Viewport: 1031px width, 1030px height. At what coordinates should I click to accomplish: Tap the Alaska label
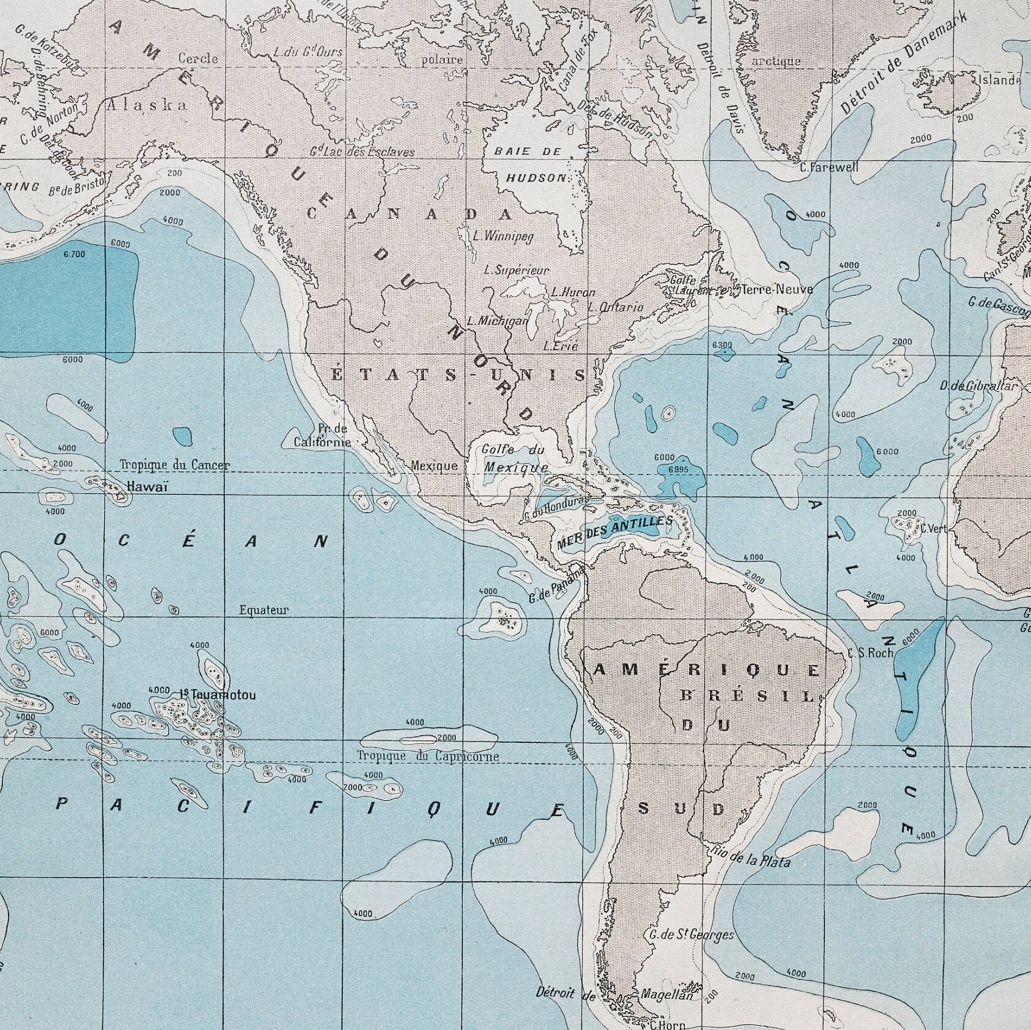[147, 105]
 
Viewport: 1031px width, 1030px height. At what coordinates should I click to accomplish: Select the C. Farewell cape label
[829, 168]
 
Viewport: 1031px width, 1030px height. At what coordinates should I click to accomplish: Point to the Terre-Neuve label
[776, 289]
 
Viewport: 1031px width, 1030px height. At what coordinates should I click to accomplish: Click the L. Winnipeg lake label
[503, 236]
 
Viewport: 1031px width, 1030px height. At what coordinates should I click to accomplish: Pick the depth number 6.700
[74, 254]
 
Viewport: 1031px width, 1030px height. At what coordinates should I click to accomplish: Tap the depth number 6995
[678, 469]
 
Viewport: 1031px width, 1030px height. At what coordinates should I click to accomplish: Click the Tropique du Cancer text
[175, 465]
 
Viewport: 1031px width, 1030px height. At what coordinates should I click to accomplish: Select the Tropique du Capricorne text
[428, 756]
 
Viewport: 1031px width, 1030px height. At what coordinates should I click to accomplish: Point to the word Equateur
[264, 610]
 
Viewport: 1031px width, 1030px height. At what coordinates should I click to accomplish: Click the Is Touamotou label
[218, 695]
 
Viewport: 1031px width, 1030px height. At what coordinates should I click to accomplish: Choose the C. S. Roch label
[870, 653]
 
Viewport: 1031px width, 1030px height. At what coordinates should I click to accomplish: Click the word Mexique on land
[434, 466]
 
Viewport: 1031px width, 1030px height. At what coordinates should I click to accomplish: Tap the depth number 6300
[722, 346]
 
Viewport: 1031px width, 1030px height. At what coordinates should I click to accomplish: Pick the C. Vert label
[934, 529]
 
